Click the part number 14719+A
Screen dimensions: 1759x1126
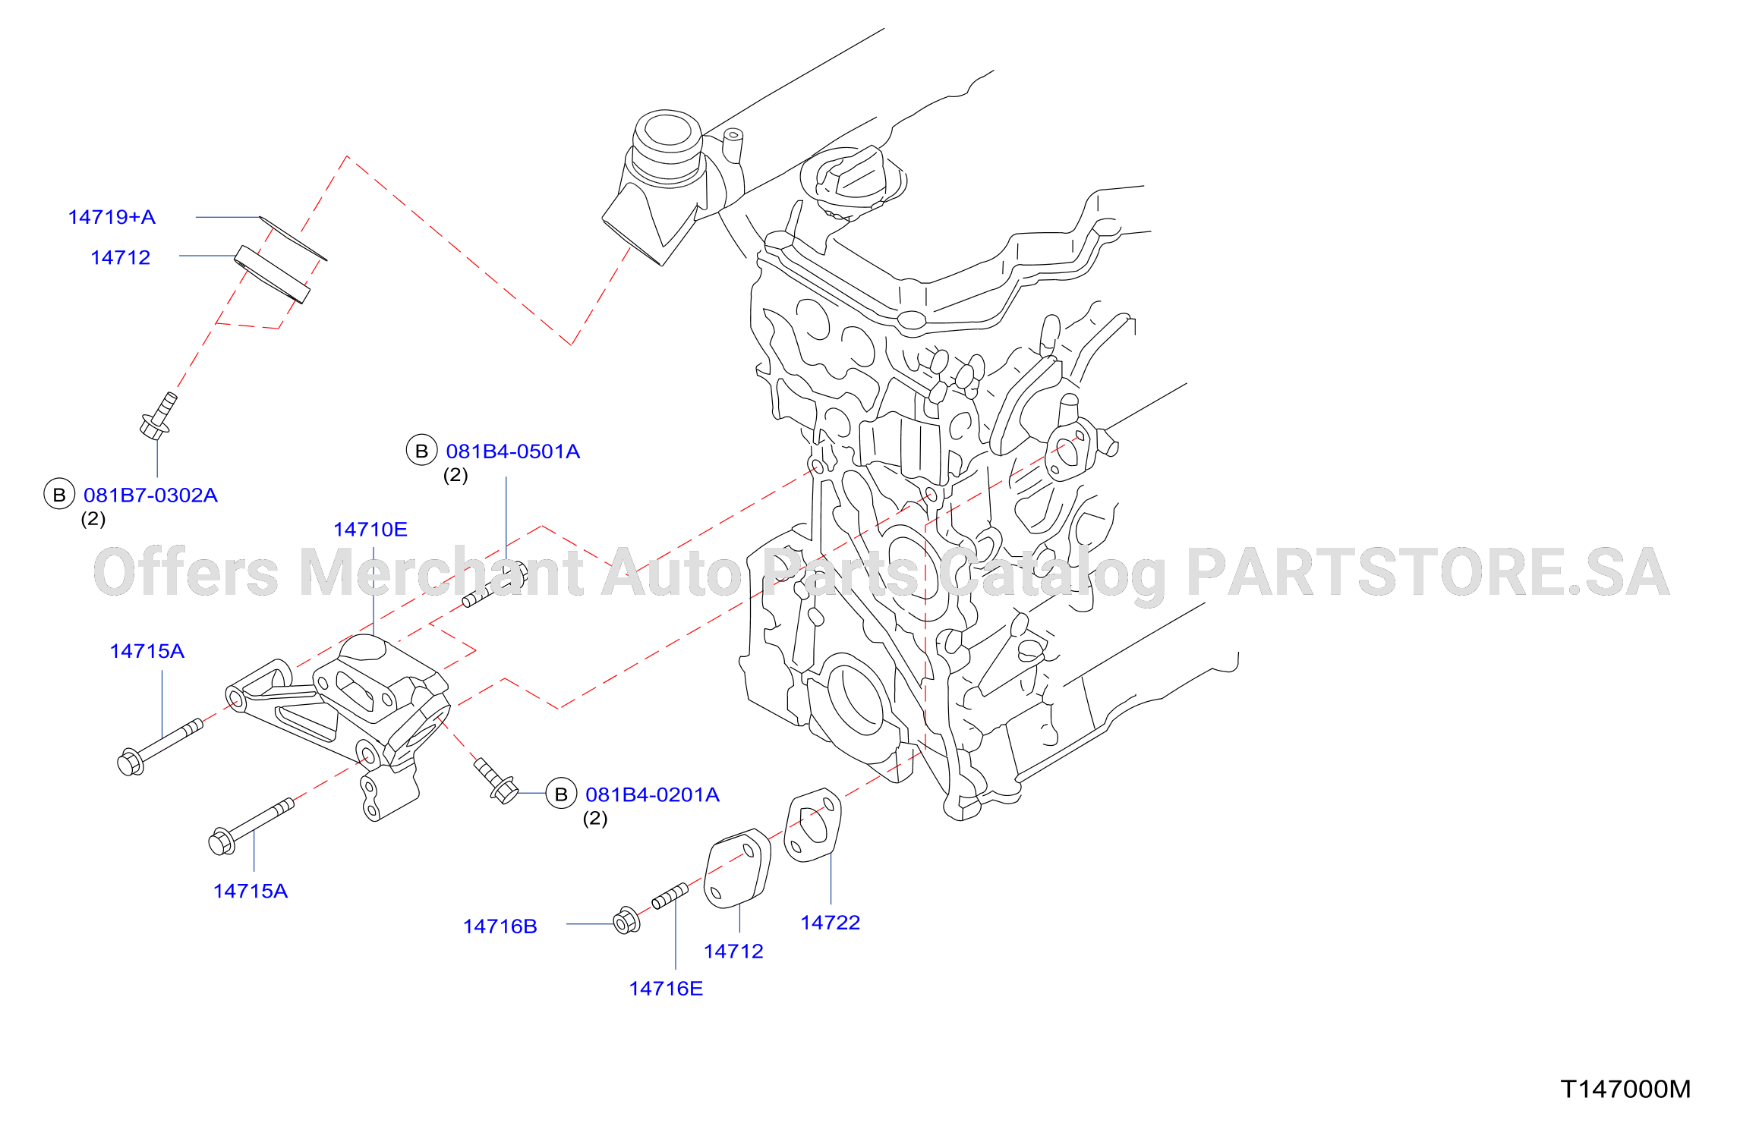click(x=112, y=218)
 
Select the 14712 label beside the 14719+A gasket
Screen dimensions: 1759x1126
click(x=120, y=258)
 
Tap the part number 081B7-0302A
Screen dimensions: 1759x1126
click(x=150, y=495)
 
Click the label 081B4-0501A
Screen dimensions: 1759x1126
click(x=512, y=451)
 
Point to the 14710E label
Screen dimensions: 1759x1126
click(x=370, y=530)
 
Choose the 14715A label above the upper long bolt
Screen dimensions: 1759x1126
click(x=147, y=651)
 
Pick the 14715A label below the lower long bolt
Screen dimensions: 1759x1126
click(x=251, y=891)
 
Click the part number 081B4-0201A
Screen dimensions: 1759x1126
click(x=652, y=794)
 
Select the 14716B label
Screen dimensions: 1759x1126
click(x=500, y=926)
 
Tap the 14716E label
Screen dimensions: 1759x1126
click(x=666, y=989)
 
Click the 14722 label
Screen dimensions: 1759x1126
click(x=831, y=923)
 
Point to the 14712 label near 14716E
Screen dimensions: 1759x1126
click(x=733, y=951)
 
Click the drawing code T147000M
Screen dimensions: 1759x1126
click(x=1625, y=1089)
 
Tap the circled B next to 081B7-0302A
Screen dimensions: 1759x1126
click(x=59, y=495)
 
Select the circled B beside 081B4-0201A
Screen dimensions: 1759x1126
click(x=561, y=794)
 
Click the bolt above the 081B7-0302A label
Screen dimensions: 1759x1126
click(x=159, y=416)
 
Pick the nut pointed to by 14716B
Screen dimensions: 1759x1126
click(x=626, y=920)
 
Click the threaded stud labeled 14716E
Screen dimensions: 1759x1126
click(x=670, y=896)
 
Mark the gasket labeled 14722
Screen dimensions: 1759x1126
click(x=812, y=826)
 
